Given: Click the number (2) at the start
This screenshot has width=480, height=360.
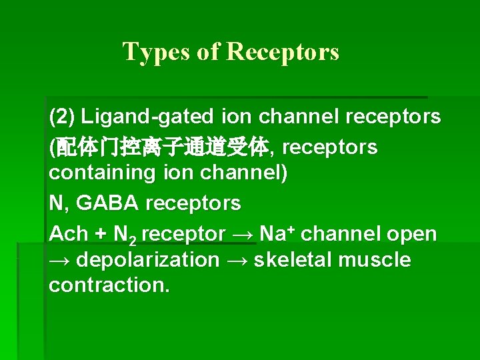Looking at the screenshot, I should point(62,117).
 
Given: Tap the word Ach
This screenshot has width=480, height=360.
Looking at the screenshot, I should point(68,234).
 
